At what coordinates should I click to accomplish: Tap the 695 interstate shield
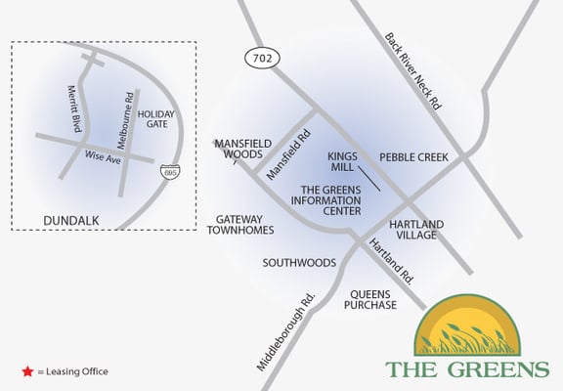(x=170, y=171)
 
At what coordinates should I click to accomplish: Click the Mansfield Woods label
(x=238, y=148)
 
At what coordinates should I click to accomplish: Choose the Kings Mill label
(x=343, y=161)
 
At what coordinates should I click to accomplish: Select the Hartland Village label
(x=416, y=230)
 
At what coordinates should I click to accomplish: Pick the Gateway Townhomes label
(x=238, y=224)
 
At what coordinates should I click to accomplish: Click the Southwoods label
(x=299, y=263)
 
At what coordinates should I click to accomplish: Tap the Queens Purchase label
(x=370, y=299)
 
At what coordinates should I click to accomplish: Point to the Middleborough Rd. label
(x=288, y=331)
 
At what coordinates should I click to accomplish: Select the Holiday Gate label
(x=157, y=119)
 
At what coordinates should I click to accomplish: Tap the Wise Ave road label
(x=102, y=156)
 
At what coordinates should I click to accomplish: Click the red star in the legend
(x=26, y=371)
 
